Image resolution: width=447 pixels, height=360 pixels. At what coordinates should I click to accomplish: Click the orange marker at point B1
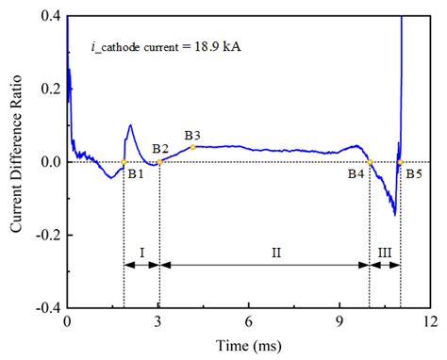tap(124, 162)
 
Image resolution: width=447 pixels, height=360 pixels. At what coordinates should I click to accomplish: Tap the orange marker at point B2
tap(159, 162)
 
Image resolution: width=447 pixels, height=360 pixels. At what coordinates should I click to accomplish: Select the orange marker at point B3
tap(192, 147)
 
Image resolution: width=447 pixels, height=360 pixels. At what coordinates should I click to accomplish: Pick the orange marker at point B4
tap(370, 162)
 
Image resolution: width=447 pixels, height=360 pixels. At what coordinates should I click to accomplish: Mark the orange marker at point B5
tap(400, 162)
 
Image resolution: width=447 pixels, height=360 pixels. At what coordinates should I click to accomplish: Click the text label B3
tap(192, 135)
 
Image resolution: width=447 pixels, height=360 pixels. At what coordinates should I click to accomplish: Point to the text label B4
tap(356, 174)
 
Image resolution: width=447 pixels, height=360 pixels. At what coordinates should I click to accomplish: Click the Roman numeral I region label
tap(141, 252)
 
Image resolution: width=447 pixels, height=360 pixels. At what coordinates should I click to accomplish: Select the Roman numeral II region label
tap(264, 252)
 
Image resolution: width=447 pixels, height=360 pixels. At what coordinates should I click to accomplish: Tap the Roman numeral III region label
tap(385, 252)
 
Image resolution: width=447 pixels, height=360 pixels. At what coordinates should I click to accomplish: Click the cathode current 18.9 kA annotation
tap(166, 44)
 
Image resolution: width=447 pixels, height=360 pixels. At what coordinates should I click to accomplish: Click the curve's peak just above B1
tap(130, 125)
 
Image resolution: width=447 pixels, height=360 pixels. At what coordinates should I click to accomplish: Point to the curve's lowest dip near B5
tap(394, 215)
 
